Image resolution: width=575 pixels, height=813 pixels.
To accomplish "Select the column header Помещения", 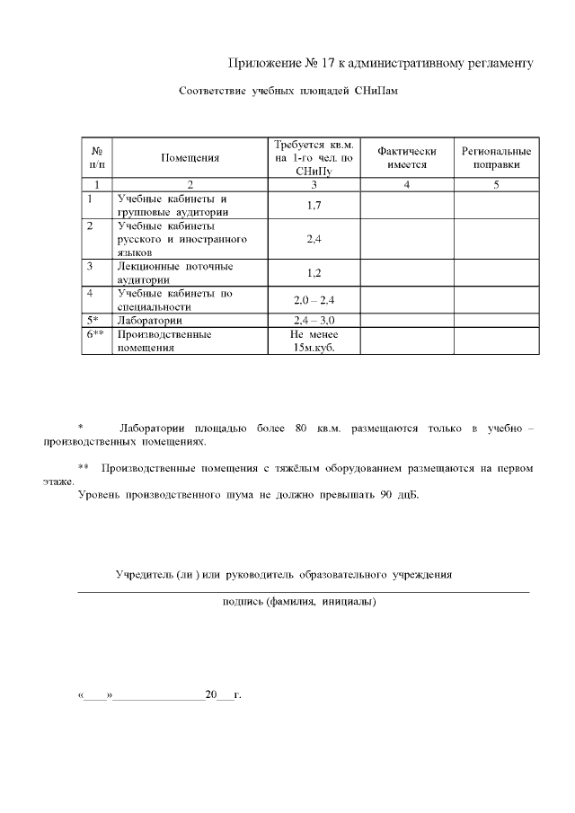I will (190, 158).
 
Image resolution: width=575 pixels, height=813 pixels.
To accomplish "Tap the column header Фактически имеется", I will (407, 158).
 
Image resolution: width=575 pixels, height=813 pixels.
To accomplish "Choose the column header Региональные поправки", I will (496, 158).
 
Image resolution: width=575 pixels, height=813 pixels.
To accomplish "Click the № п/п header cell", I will (96, 158).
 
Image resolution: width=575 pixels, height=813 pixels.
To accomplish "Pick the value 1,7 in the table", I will (314, 206).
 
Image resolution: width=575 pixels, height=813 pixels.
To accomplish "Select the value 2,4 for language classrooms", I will (314, 240).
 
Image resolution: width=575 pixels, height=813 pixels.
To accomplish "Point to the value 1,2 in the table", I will (314, 273).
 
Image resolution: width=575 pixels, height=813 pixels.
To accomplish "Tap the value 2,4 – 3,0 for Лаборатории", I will (314, 320).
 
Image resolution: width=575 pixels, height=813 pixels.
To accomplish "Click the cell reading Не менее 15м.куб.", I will (314, 340).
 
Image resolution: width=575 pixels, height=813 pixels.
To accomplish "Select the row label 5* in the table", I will (93, 320).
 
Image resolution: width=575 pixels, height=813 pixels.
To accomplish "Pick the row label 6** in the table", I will (96, 333).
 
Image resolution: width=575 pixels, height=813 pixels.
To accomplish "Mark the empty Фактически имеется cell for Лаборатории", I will (407, 320).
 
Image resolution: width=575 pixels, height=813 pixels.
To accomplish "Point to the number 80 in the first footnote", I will (301, 429).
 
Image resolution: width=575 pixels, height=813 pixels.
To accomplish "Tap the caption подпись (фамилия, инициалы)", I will (299, 602).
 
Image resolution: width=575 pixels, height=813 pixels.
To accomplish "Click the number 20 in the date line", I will (211, 695).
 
